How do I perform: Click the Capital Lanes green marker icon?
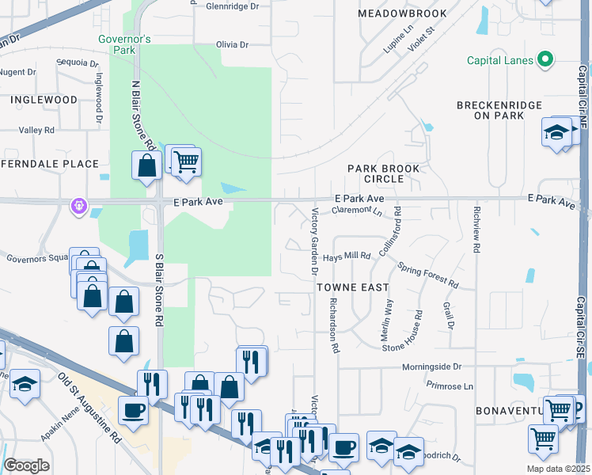[545, 59]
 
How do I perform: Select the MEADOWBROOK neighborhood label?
[401, 14]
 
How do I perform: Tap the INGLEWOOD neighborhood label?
[44, 100]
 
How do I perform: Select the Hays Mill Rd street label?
[347, 256]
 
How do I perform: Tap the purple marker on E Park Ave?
[78, 207]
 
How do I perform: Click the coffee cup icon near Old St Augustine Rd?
[133, 409]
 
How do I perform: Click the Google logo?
[26, 465]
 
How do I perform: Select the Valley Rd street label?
[36, 130]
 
